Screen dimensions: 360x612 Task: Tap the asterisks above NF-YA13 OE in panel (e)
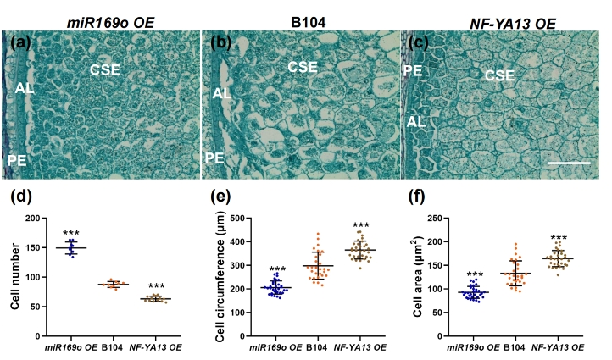[360, 226]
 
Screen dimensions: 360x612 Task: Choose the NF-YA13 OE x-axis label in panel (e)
[360, 347]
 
